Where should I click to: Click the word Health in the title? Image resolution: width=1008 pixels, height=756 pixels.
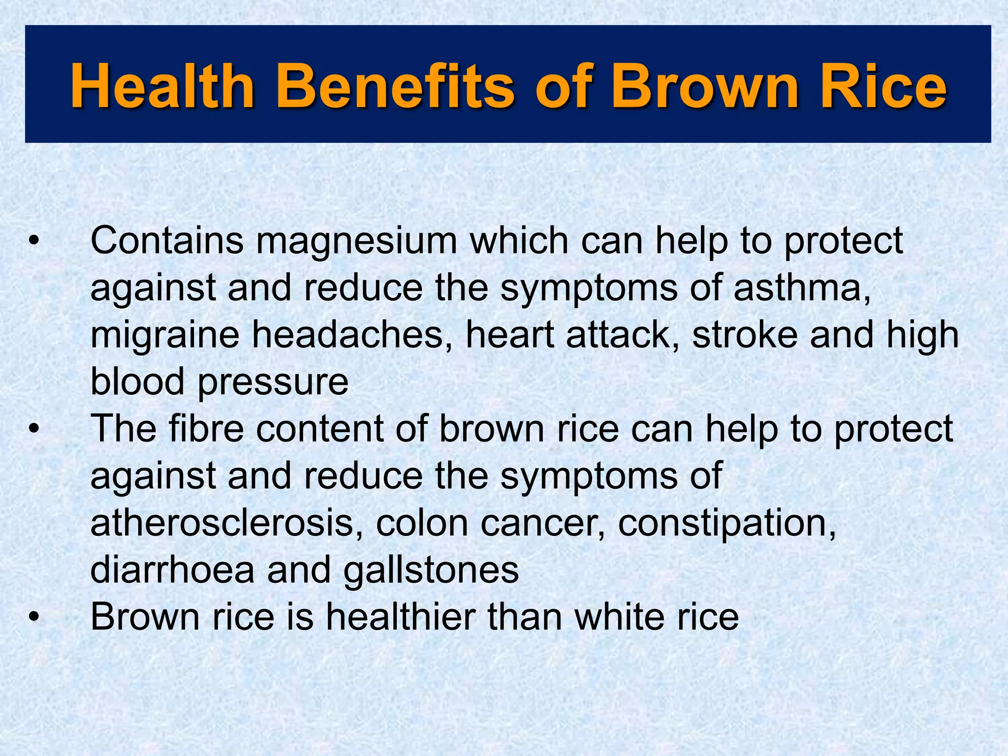click(x=162, y=86)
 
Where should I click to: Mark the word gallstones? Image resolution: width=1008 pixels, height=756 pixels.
click(x=431, y=571)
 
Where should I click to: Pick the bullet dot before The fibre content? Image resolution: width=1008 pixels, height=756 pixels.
click(x=33, y=429)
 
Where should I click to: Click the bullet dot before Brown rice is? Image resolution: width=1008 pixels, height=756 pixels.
click(x=33, y=617)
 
